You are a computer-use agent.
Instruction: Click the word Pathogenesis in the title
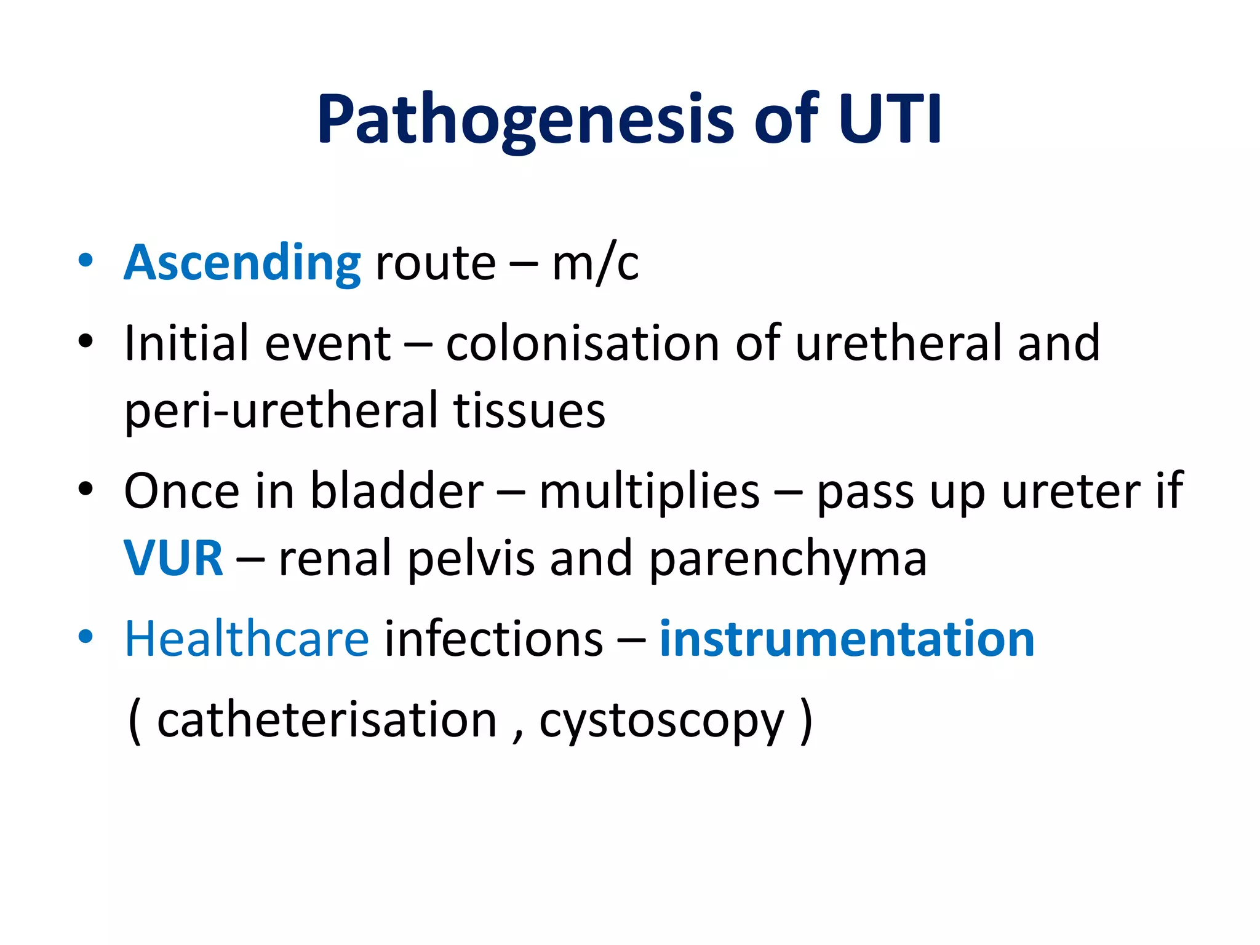526,120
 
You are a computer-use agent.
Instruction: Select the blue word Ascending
242,263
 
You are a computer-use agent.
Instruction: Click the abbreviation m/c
595,263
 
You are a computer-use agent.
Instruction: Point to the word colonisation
583,343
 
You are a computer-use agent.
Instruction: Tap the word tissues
529,411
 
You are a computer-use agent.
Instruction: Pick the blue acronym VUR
173,559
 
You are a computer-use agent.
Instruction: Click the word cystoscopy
662,721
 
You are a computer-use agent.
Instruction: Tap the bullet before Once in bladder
86,489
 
